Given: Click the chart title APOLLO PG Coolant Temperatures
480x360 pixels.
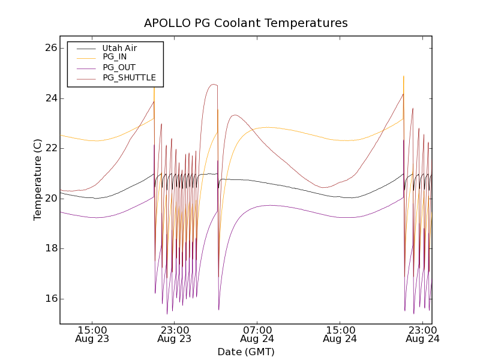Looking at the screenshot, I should point(246,23).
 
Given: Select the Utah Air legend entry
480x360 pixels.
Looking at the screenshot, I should point(119,48).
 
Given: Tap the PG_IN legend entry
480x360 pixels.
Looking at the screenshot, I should point(115,57).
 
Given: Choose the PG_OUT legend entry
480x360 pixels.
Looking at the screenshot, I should point(119,67).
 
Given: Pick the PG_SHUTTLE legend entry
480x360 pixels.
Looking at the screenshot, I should point(129,77).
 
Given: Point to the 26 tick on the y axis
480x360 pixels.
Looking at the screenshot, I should point(50,48).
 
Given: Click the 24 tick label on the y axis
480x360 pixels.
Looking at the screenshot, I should point(50,98).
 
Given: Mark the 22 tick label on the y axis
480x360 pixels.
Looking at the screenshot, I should point(50,148).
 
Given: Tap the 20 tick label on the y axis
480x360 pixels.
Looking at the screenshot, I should point(50,199).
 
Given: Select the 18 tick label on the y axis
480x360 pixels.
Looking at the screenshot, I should point(50,248).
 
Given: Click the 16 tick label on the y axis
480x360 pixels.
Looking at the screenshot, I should point(50,299).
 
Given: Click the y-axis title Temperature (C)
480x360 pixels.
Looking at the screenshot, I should point(38,179).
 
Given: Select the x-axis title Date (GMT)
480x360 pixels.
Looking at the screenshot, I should point(246,352).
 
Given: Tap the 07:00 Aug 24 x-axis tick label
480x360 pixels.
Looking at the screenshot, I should point(257,334).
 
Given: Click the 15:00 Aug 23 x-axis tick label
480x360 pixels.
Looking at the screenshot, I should point(92,334).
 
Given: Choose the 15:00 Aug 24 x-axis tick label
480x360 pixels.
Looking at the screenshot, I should point(340,334).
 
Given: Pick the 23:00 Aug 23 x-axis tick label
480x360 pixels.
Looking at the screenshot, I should point(175,334).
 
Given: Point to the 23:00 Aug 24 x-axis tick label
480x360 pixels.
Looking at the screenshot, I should point(422,334).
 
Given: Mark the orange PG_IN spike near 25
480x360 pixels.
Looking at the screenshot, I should point(403,77).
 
